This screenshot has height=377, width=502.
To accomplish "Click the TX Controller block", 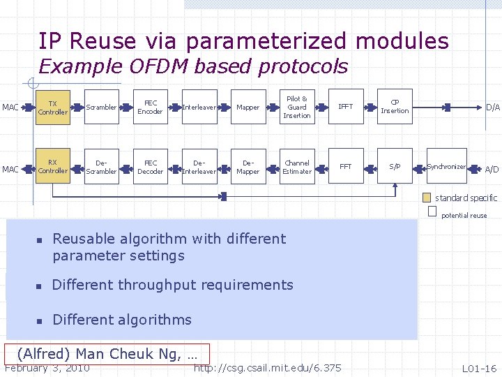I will [52, 108].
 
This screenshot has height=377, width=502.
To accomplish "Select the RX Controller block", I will [52, 167].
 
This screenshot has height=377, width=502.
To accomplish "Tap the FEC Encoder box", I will [150, 108].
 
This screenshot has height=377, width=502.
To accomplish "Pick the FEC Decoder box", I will [150, 167].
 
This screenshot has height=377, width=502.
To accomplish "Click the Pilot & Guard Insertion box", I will [297, 108].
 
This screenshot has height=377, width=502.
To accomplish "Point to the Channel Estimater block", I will [297, 167].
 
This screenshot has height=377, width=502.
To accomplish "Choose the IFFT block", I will [345, 108].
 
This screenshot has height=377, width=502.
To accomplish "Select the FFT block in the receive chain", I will [345, 167].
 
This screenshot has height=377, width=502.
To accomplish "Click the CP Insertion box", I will [395, 108].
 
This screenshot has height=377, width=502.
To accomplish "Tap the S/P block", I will [395, 167].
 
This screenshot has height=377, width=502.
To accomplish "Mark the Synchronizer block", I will [446, 167].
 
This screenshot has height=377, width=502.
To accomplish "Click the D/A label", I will [493, 108].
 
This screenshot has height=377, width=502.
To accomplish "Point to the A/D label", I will [492, 170].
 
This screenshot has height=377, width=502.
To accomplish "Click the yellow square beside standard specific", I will [427, 198].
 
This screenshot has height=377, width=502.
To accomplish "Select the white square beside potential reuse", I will [432, 211].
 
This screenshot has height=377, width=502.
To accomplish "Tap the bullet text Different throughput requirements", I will [173, 285].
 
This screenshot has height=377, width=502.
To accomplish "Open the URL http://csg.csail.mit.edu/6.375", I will [268, 368].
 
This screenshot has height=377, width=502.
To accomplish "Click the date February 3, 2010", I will [47, 368].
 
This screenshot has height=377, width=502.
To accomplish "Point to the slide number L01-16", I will [479, 368].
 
